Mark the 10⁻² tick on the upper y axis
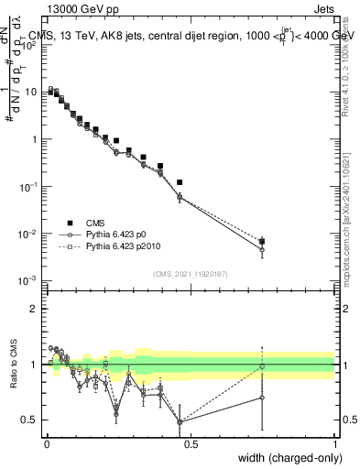click(x=30, y=234)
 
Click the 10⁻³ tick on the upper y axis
click(x=30, y=281)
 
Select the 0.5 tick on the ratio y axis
click(x=34, y=420)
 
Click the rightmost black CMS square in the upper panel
click(x=262, y=241)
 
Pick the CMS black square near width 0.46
click(x=180, y=183)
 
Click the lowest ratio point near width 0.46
click(x=180, y=422)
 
